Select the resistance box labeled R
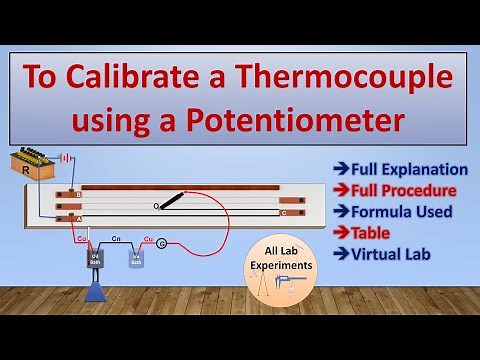(x=36, y=162)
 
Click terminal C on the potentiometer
(x=285, y=212)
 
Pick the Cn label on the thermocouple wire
(x=117, y=240)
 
